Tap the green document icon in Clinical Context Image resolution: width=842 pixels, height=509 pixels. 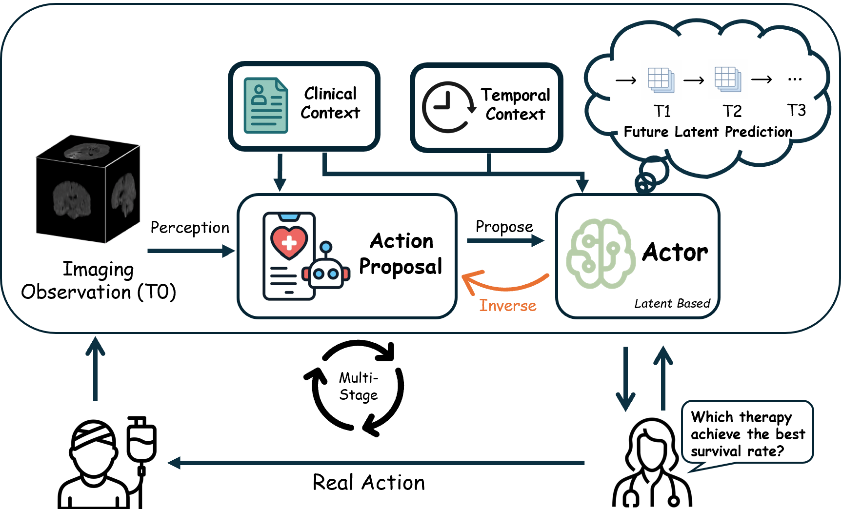point(266,105)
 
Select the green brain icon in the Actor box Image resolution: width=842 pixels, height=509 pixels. point(600,254)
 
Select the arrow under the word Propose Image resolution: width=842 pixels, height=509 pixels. point(505,240)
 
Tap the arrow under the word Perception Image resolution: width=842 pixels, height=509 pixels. point(190,251)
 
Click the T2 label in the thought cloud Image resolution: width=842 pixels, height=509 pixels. point(732,111)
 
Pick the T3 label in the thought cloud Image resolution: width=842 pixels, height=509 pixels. point(796,110)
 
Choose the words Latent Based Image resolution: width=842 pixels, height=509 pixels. point(672,304)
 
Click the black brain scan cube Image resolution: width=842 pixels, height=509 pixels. point(88,189)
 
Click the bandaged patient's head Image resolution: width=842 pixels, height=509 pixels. point(94,444)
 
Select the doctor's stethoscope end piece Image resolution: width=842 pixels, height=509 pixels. point(674,501)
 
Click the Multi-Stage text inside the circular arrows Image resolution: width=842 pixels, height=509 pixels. point(359,386)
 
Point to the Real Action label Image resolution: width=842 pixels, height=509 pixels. point(369,483)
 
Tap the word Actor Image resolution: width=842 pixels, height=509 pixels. point(675,252)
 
